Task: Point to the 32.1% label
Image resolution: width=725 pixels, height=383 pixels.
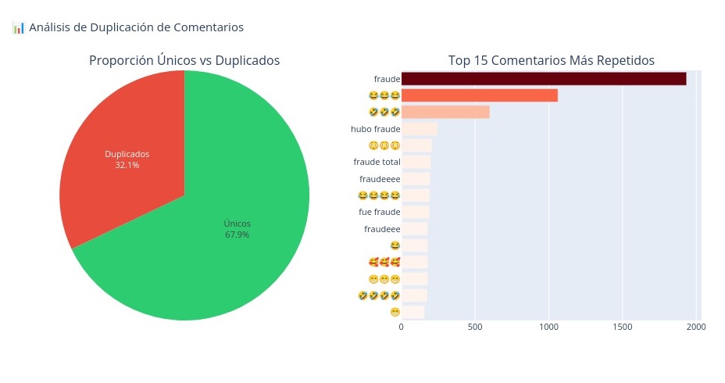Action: (127, 165)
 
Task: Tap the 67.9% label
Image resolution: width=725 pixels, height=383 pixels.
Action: (237, 234)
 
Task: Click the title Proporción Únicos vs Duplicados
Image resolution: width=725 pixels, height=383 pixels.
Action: (184, 60)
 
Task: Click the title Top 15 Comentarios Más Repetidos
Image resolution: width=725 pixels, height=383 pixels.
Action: (551, 60)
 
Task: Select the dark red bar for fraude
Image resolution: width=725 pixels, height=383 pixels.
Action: (543, 79)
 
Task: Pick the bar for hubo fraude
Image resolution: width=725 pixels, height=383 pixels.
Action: (419, 129)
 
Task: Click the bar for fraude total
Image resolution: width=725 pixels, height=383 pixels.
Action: (416, 162)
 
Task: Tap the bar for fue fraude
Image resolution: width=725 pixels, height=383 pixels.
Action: (415, 212)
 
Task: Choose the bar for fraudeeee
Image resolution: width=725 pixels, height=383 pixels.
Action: (415, 179)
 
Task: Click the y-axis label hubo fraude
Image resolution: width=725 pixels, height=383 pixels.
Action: (376, 129)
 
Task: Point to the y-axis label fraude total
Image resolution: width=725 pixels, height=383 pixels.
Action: (377, 162)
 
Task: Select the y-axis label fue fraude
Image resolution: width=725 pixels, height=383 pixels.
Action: (379, 212)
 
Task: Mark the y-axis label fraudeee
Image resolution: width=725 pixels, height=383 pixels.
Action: (382, 229)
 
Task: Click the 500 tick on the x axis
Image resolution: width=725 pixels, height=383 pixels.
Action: (474, 327)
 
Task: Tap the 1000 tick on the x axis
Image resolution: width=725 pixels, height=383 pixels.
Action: (548, 327)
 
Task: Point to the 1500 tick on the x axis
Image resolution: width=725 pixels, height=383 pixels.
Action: (622, 327)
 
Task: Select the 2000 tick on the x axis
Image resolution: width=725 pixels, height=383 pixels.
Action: (695, 327)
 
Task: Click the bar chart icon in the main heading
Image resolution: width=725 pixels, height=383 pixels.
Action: (18, 27)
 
